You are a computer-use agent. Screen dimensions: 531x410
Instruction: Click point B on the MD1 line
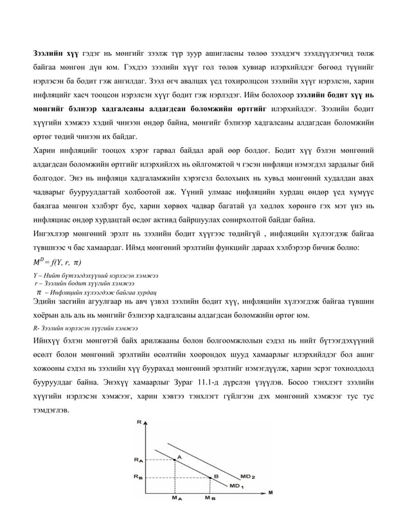tap(209, 476)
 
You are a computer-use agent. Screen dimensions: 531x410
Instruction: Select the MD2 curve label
tap(249, 476)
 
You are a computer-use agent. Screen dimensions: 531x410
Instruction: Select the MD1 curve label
tap(236, 486)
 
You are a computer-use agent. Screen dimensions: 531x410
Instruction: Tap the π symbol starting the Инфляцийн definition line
tap(38, 290)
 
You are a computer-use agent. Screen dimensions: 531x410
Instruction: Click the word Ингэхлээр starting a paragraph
tap(55, 234)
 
